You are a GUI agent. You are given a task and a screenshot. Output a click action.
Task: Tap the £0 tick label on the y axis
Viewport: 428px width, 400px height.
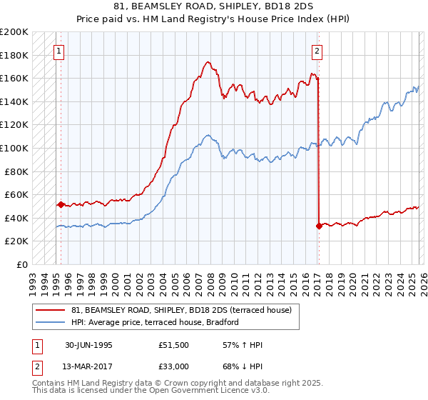pos(22,264)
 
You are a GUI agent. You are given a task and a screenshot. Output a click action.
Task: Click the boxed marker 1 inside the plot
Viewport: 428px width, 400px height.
pos(58,51)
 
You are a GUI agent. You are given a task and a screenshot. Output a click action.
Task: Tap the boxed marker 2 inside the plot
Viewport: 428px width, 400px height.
pos(316,51)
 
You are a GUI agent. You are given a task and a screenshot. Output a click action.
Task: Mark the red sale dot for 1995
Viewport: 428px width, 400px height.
pos(61,204)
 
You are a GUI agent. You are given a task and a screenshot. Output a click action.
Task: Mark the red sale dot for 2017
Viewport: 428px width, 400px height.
pos(318,226)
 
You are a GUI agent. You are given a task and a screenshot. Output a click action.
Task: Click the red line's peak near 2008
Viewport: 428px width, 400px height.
pos(206,62)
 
